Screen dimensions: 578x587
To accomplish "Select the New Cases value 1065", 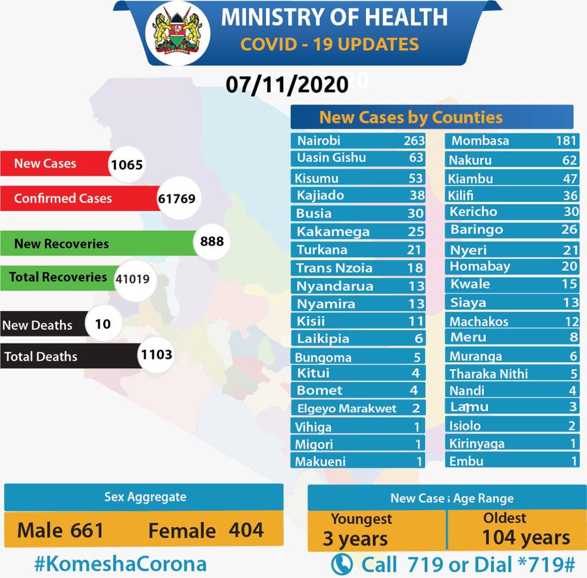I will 127,164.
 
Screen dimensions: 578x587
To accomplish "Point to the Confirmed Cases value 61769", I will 176,198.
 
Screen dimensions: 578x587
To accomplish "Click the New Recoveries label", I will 61,244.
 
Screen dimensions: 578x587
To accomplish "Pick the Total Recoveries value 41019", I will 132,278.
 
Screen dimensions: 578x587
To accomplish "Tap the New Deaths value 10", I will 102,324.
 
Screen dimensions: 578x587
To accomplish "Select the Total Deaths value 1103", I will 156,354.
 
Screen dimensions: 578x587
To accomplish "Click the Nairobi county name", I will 319,141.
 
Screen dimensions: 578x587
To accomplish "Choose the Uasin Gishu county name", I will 331,158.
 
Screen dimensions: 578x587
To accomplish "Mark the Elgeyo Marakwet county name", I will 346,409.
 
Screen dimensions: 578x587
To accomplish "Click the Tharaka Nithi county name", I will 489,374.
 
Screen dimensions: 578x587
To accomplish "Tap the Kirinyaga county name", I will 477,444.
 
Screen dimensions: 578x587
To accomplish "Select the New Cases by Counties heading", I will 411,117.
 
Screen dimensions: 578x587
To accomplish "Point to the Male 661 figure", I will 61,530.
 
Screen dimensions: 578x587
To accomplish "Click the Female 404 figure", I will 205,530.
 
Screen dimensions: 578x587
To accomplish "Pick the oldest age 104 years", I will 526,538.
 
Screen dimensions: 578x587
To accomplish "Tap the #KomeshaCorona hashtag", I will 119,564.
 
